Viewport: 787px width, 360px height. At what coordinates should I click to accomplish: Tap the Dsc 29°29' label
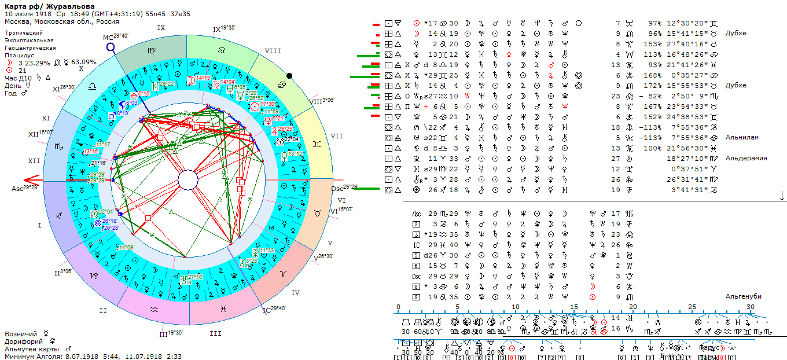click(342, 188)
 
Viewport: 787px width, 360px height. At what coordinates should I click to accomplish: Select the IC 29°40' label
click(274, 309)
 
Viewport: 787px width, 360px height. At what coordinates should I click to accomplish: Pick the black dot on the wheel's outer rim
click(289, 75)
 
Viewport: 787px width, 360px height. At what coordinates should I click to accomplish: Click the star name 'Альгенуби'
click(744, 296)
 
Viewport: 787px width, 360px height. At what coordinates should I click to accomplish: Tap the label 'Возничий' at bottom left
click(21, 334)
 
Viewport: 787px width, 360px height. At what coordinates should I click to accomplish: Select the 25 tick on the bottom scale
click(692, 306)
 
